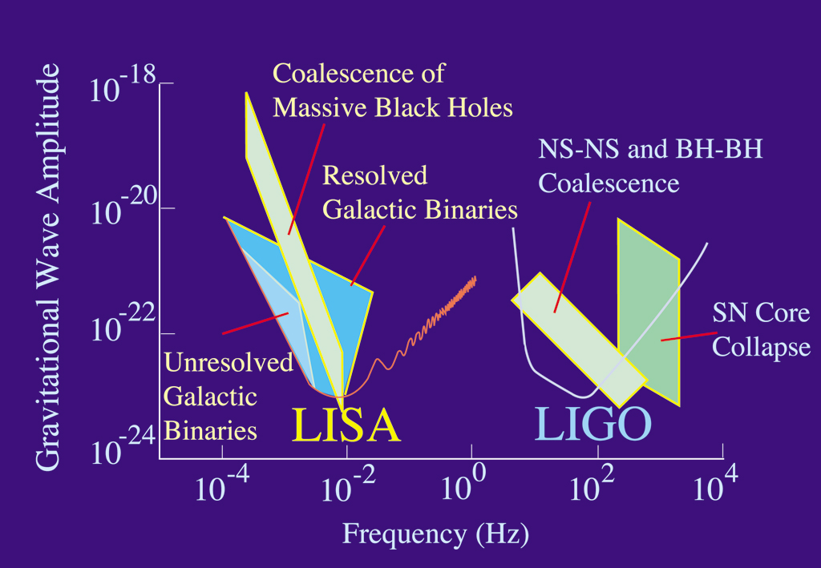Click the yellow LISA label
tap(345, 425)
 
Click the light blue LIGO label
tap(592, 425)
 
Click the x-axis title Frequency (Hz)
tap(436, 533)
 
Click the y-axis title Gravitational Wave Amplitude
tap(49, 268)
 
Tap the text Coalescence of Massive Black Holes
tap(393, 91)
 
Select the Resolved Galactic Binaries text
tap(419, 193)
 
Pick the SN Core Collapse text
tap(761, 331)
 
